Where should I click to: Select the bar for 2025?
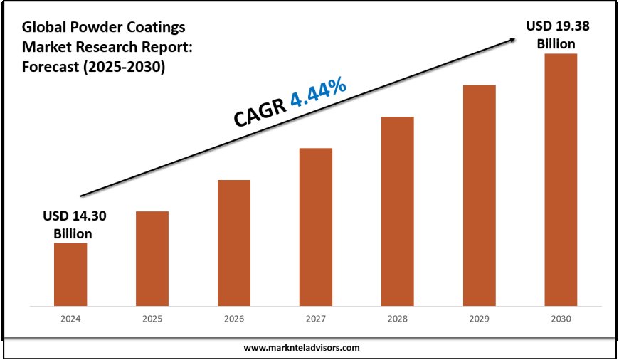152,260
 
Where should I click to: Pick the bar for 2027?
316,228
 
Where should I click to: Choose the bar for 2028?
397,212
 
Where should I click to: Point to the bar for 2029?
479,196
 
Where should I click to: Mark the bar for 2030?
561,181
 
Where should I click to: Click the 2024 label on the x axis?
70,320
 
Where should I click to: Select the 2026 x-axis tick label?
234,320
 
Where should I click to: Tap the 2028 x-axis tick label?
397,320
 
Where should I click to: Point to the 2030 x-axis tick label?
561,320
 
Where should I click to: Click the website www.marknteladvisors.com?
302,348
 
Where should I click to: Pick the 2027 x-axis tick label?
316,320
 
